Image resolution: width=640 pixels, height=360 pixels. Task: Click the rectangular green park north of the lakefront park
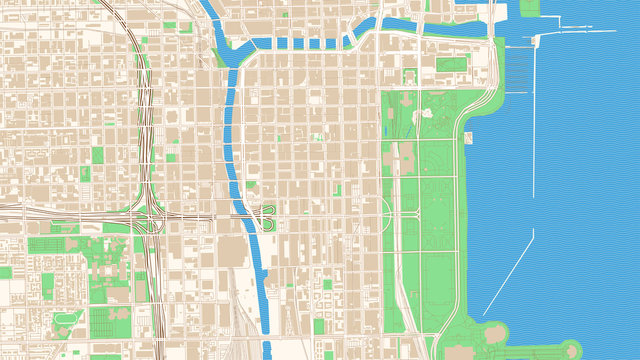tap(451, 66)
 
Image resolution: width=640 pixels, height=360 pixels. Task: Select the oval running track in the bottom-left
tap(68, 321)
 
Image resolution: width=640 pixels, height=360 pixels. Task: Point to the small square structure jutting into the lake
tap(468, 137)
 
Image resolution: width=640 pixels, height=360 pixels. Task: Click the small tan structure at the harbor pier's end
tap(538, 40)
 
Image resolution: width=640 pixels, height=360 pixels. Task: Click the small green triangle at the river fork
tap(219, 56)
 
